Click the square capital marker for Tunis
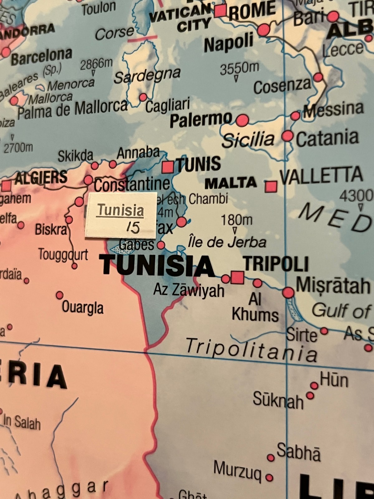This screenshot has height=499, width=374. pos(168,167)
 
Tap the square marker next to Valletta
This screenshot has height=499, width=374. pos(271,187)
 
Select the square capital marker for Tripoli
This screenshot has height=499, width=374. pos(237,277)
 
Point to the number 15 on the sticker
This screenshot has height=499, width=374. pos(133,228)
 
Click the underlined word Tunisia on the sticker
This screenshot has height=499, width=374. pos(121,211)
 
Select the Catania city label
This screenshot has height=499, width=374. pos(327,139)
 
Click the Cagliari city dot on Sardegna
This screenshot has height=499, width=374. pos(143,97)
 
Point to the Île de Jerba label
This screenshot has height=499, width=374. pos(227,242)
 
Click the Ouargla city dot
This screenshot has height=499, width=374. pos(60,295)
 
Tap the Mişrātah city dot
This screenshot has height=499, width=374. pos(288,293)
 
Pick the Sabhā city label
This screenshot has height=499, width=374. pos(298,452)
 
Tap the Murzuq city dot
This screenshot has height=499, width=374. pos(269,477)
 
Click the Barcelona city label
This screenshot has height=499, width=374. pos(41,56)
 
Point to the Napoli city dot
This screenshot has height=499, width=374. pos(264,30)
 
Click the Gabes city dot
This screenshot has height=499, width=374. pos(161,245)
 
